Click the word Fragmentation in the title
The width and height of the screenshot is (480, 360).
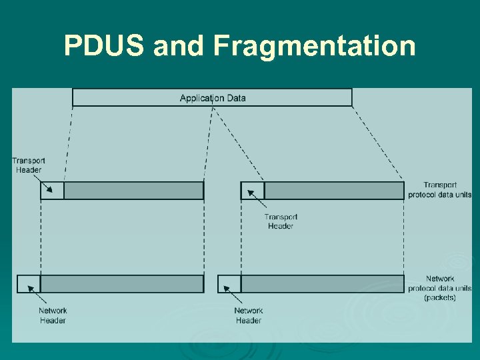pos(315,47)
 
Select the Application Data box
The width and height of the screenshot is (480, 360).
pos(212,98)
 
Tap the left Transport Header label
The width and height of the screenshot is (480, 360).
pos(28,165)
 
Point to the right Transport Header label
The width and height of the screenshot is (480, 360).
pos(280,221)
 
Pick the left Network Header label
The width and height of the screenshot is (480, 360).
pos(53,315)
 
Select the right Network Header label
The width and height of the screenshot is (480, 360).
pos(248,315)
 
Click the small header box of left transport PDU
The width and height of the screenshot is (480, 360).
pos(52,191)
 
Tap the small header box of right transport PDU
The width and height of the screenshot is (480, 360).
pos(253,191)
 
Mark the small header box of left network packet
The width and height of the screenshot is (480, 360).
pos(29,283)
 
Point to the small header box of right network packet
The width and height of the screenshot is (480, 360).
pos(229,283)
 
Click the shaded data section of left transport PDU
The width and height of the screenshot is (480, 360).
pos(133,191)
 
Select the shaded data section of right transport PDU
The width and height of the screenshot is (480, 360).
pos(334,191)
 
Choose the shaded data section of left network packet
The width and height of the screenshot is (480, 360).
pos(122,283)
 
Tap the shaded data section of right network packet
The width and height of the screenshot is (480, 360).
pos(323,283)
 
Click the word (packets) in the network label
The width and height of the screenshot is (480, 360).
pos(440,298)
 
